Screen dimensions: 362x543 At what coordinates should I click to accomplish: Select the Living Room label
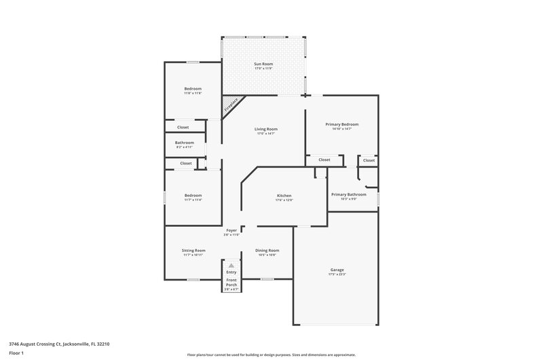point(266,129)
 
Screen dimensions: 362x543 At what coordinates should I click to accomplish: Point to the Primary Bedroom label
point(341,124)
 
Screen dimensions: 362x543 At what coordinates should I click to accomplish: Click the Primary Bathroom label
point(349,194)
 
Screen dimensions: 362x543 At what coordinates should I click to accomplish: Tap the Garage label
point(337,270)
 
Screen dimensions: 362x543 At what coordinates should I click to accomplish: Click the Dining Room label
point(267,251)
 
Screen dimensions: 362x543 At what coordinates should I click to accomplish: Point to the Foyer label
point(231,231)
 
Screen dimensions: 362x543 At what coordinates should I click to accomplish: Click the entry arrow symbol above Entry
point(231,266)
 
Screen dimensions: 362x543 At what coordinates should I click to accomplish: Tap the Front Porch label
point(231,280)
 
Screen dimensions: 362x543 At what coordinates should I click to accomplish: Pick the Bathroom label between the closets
point(185,143)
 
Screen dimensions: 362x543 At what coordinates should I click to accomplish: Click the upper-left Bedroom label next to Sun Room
point(193,89)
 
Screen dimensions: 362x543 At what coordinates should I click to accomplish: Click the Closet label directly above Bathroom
point(183,127)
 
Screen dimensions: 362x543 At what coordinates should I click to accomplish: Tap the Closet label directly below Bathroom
point(185,163)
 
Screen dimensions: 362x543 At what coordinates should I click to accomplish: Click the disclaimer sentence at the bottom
point(271,355)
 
